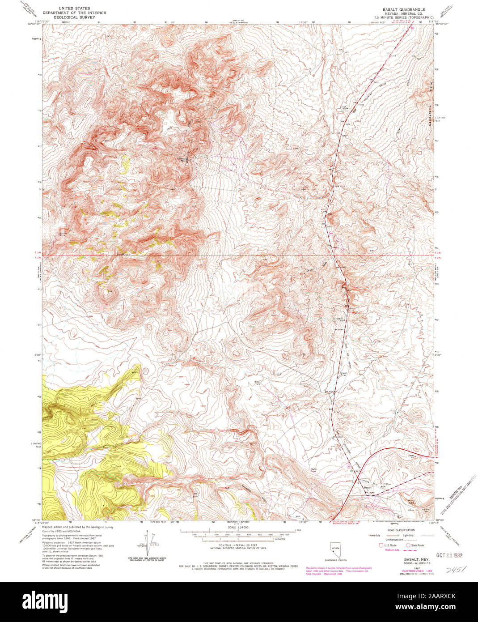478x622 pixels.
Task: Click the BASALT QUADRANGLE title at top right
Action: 403,9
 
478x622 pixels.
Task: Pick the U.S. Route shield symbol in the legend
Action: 381,545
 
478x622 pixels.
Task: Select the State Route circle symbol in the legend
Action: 408,545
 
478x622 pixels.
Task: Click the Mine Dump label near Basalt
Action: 410,502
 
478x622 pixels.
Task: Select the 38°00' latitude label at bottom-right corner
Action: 434,522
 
